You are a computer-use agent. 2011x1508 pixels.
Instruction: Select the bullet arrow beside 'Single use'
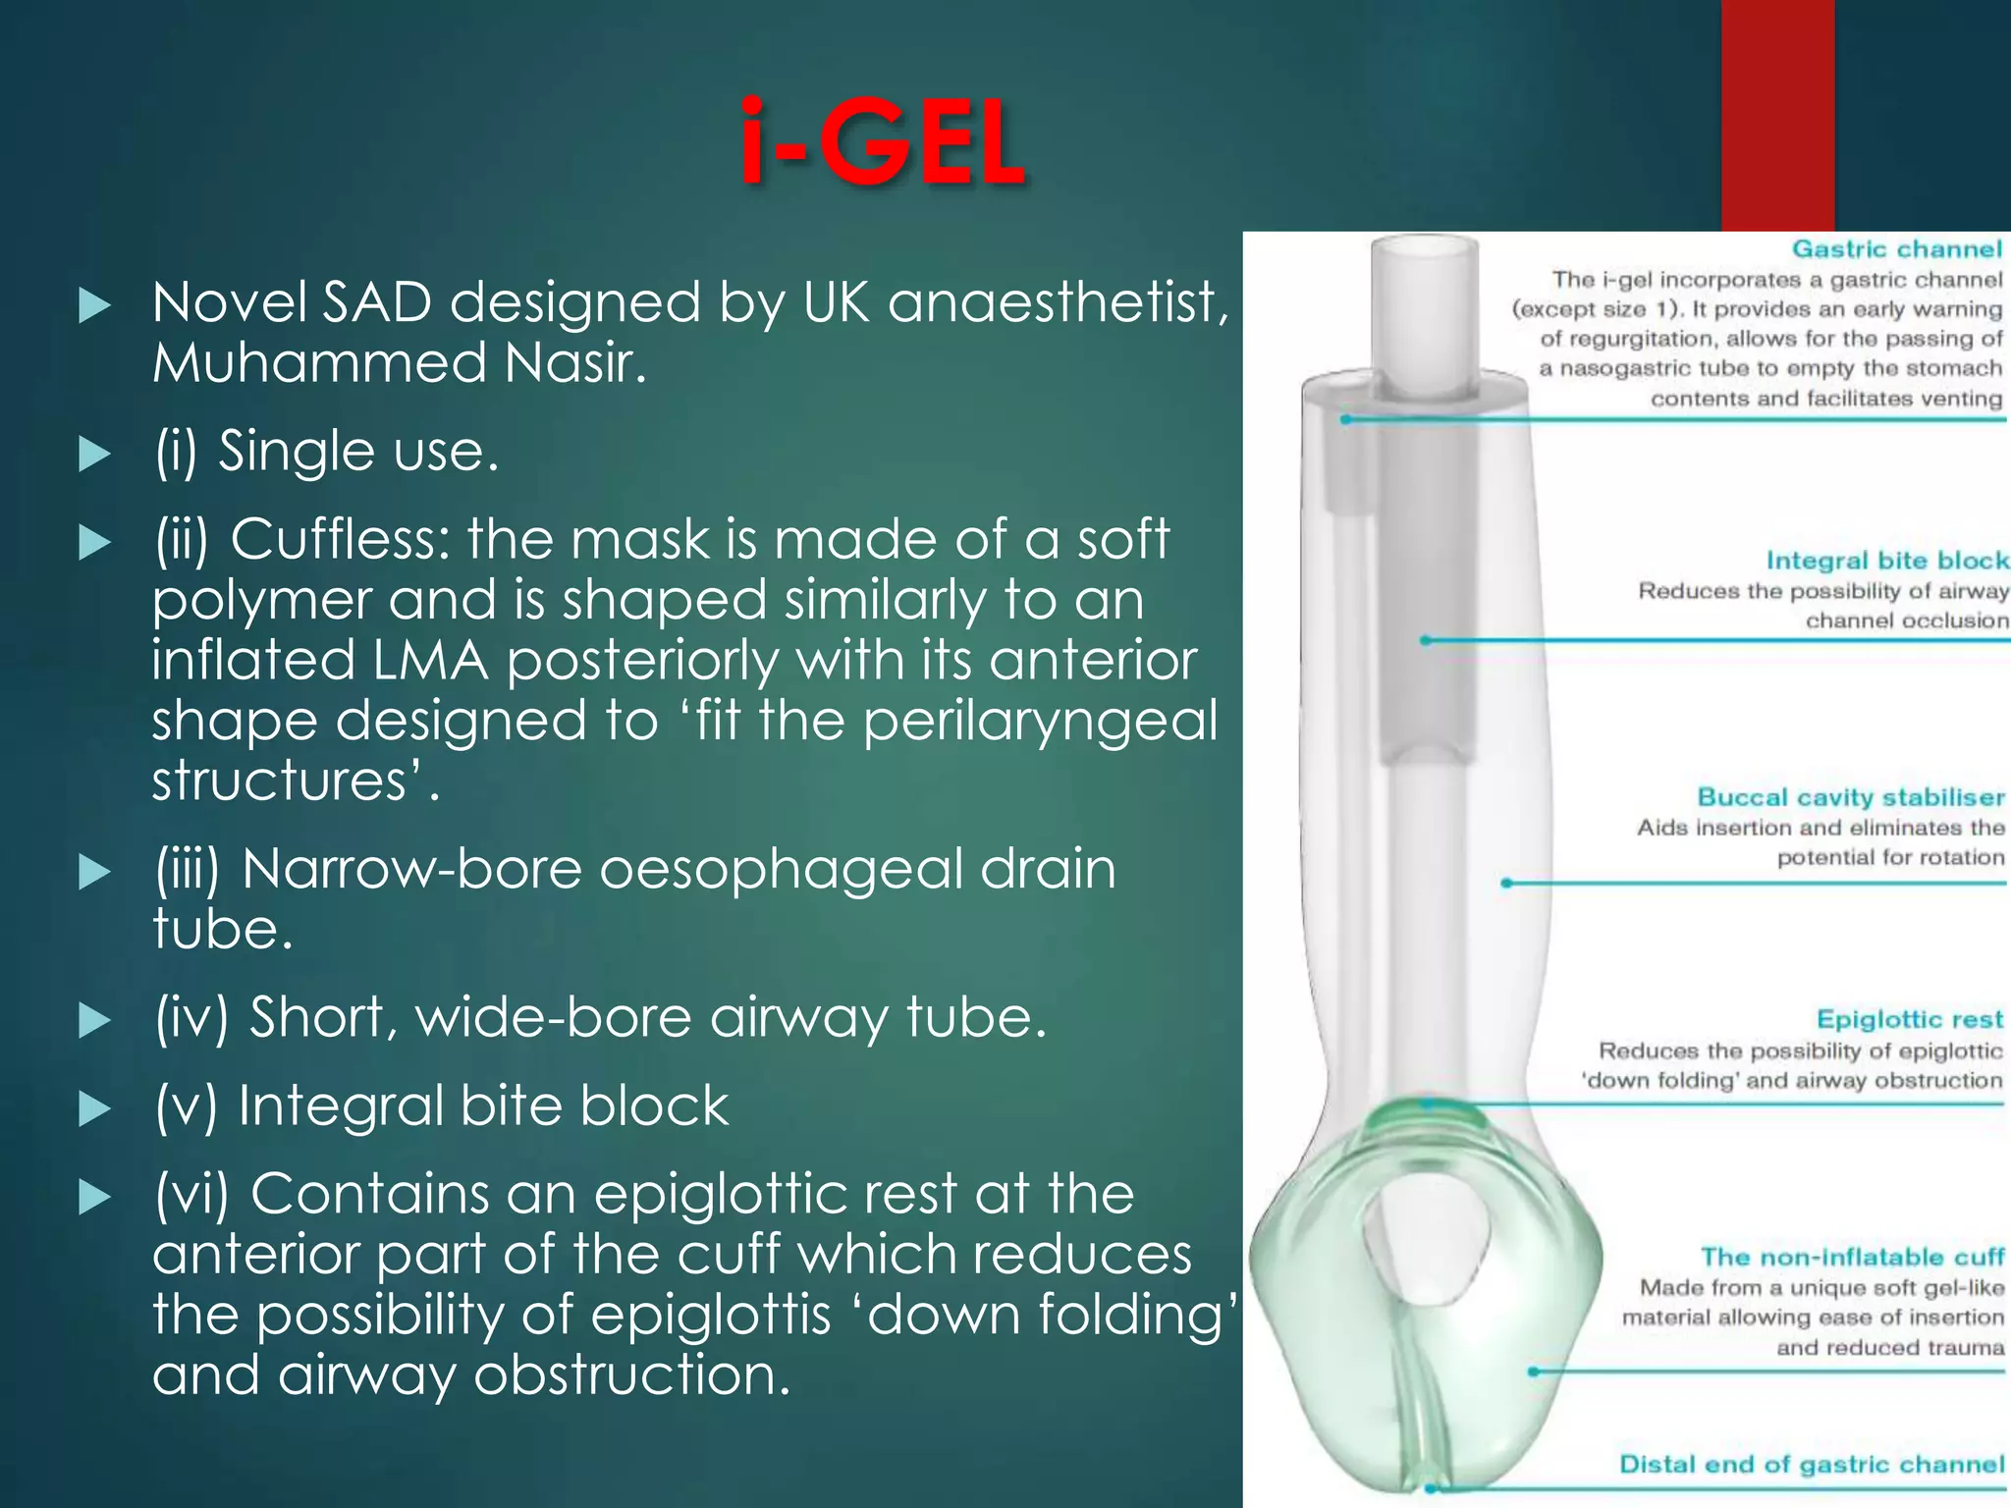coord(94,454)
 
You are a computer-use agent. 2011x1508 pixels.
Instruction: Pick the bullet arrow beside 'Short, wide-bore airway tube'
coord(94,1020)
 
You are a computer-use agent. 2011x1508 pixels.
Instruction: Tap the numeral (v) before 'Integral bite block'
coord(186,1106)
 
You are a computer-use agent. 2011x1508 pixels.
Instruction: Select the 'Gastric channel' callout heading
coord(1896,249)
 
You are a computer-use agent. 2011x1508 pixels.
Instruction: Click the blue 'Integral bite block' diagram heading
coord(1886,561)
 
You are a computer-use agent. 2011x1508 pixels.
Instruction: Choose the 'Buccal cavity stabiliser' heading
coord(1850,797)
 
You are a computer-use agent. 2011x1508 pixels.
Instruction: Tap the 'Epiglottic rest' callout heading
coord(1909,1019)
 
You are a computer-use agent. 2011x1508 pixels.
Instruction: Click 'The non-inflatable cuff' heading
coord(1852,1257)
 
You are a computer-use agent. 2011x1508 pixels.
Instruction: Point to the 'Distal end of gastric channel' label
coord(1811,1464)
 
